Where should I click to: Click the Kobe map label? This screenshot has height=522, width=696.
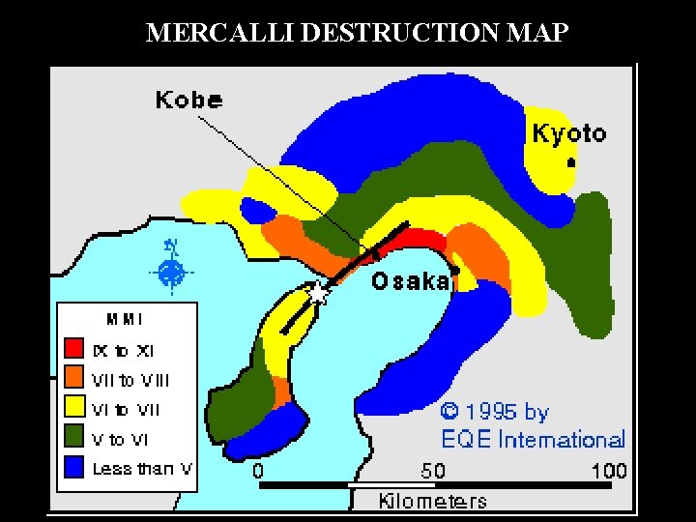point(188,100)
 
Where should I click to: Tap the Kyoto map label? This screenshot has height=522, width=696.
point(568,134)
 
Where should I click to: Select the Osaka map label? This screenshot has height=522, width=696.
point(411,281)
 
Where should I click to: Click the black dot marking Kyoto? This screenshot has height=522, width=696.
point(571,162)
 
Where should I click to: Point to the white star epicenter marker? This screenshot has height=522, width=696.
point(318,292)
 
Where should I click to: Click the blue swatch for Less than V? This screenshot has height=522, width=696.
point(74,469)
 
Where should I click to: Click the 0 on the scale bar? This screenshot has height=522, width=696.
point(258,471)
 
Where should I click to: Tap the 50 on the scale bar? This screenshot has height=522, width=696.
point(433,471)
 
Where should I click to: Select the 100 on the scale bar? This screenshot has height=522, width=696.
point(608,471)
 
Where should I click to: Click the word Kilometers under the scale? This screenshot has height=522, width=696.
point(432,501)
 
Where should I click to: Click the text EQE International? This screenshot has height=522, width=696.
point(533,440)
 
